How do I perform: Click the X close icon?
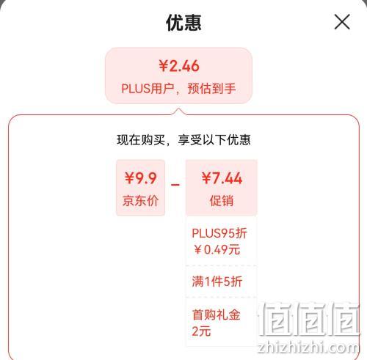[342, 22]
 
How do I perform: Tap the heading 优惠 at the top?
[183, 23]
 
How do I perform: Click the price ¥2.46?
[179, 66]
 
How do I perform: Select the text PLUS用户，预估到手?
[178, 88]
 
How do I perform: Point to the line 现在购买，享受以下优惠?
[183, 140]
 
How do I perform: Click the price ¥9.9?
[140, 178]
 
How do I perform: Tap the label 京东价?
[140, 201]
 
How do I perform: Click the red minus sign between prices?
[175, 185]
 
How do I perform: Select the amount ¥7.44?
[222, 178]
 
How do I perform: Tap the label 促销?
[222, 201]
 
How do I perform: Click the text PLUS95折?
[219, 233]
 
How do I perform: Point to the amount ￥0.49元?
[217, 249]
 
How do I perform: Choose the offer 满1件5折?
[217, 282]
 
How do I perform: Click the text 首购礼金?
[216, 315]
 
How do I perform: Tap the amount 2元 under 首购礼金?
[201, 331]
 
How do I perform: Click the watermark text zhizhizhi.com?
[309, 347]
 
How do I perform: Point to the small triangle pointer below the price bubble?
[179, 111]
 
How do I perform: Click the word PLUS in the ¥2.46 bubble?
[136, 89]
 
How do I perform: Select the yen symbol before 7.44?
[206, 178]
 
